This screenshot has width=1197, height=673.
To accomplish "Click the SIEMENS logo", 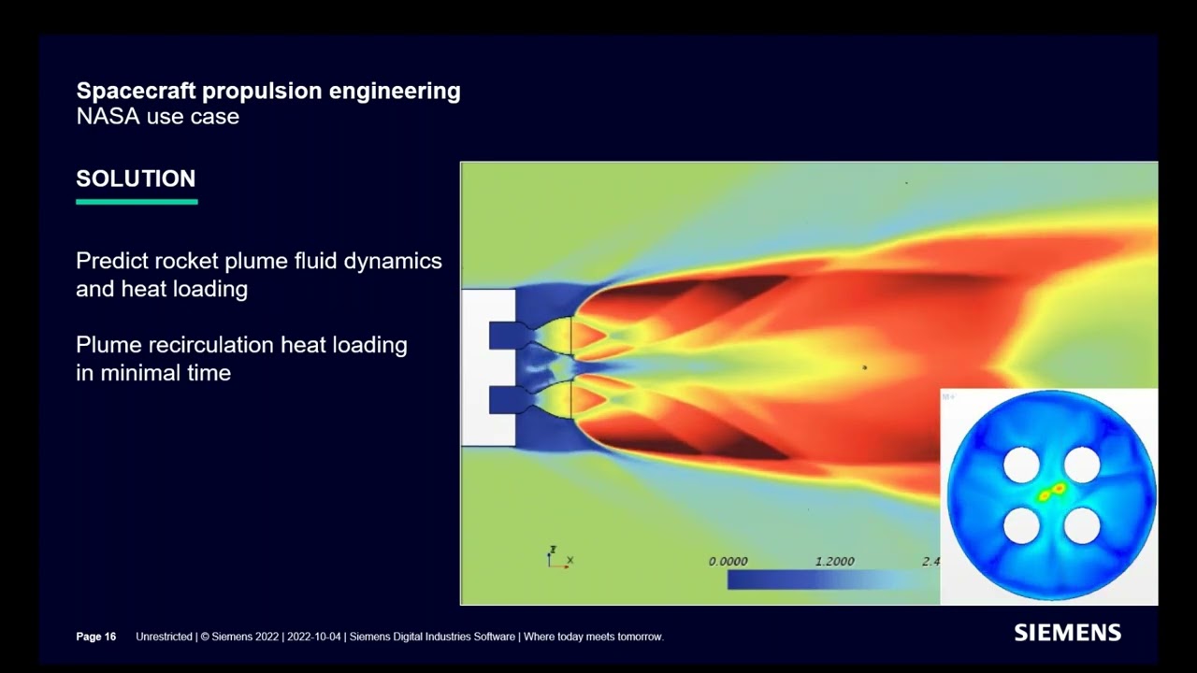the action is click(x=1067, y=633).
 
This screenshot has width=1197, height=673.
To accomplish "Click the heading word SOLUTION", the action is click(x=136, y=179).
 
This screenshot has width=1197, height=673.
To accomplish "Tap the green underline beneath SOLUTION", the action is click(x=137, y=202).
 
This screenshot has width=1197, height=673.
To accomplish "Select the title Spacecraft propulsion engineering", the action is click(x=268, y=92).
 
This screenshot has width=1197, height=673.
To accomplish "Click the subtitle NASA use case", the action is click(x=158, y=117).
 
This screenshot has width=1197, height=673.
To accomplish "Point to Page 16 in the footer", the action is click(x=96, y=637).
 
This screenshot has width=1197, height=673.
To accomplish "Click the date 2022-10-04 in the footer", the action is click(x=313, y=637).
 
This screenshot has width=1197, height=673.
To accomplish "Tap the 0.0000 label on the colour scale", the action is click(x=728, y=562).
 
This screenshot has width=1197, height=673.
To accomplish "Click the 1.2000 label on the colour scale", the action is click(x=835, y=562).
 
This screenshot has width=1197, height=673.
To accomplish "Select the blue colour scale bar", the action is click(x=833, y=580).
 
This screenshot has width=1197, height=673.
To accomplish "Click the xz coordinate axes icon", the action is click(x=559, y=558).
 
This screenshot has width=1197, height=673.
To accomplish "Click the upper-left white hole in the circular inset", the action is click(x=1021, y=465).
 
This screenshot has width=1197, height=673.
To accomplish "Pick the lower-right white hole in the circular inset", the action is click(x=1082, y=525).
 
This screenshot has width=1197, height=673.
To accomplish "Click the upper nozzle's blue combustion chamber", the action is click(x=506, y=336).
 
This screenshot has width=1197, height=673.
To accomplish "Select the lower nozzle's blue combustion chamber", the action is click(x=506, y=399).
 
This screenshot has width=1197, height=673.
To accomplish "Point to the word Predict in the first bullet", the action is click(x=111, y=261).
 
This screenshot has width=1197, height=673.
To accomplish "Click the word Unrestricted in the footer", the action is click(x=164, y=637).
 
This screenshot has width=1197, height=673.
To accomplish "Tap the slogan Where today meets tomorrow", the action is click(x=594, y=637).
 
